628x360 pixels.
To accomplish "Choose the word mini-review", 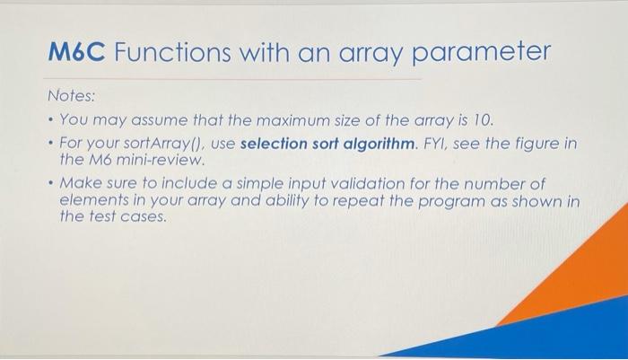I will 169,161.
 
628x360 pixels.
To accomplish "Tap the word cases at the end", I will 145,218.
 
